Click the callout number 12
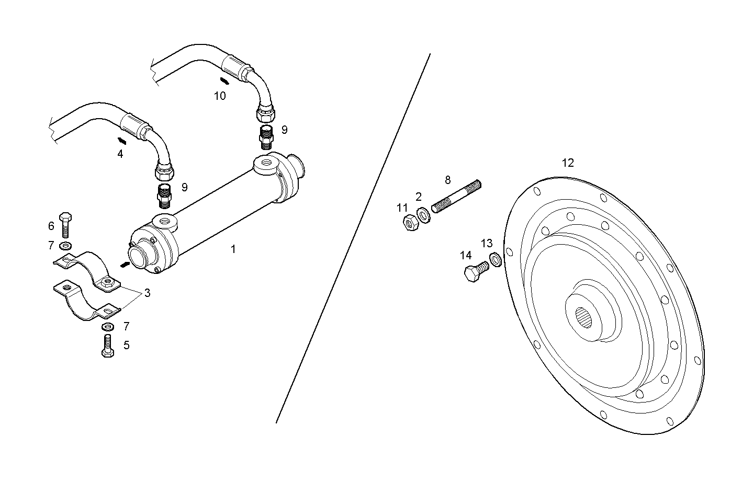[568, 163]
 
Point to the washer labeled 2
[423, 215]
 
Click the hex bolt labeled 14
[475, 272]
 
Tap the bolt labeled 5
[108, 346]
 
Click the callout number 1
[233, 249]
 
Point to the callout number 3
[148, 293]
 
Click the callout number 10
[220, 96]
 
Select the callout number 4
[120, 154]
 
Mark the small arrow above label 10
[224, 81]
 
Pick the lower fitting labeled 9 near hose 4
[164, 193]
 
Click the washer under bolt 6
[66, 245]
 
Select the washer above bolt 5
[108, 327]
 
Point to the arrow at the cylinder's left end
[125, 265]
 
